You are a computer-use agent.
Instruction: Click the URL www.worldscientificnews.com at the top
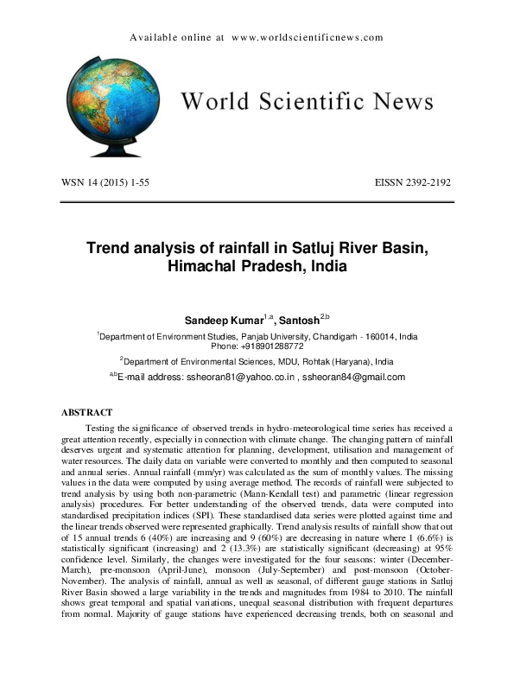click(x=308, y=38)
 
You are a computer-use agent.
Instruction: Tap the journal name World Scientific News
click(x=306, y=102)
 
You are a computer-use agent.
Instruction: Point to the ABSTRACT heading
click(x=87, y=413)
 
